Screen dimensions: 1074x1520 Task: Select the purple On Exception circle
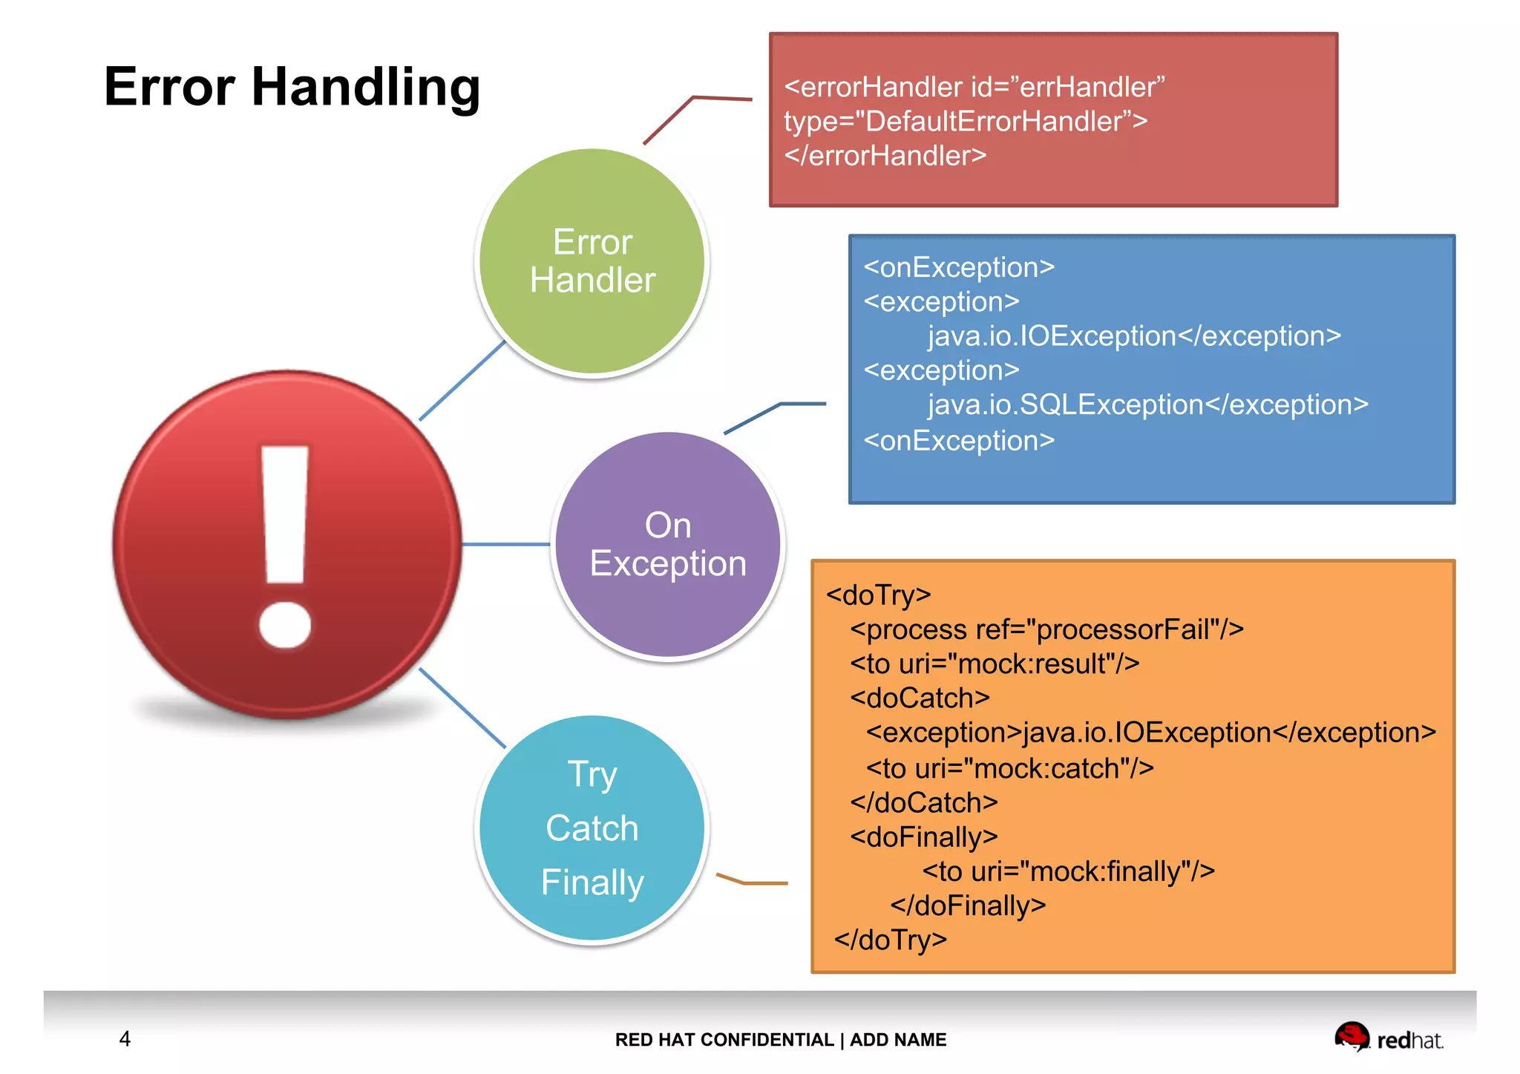668,545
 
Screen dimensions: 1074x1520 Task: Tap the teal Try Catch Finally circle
592,828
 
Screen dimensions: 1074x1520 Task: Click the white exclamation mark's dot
285,623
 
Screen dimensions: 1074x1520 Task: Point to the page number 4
125,1038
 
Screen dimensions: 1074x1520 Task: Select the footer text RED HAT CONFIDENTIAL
724,1040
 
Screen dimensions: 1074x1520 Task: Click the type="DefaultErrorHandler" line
965,121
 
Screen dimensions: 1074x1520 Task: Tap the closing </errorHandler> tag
885,156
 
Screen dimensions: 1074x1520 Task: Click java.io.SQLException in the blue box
1065,405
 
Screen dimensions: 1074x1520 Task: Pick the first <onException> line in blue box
958,267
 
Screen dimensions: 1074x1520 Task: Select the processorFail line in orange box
1046,629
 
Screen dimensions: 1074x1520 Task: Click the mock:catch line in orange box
1009,768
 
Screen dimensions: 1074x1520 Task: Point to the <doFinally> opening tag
923,837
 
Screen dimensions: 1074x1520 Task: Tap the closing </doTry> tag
890,940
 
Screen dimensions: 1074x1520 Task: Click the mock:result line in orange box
995,664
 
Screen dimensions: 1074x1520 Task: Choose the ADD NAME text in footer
898,1040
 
